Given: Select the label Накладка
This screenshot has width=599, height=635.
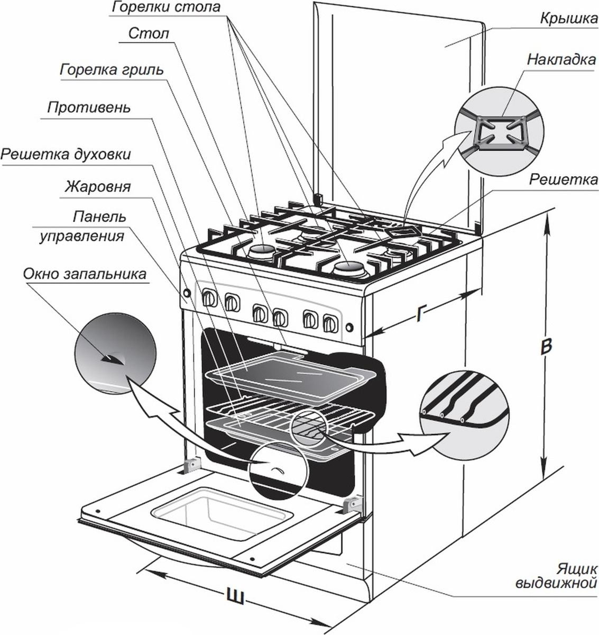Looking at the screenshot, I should (561, 59).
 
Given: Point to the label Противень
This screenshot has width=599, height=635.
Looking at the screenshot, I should (88, 108).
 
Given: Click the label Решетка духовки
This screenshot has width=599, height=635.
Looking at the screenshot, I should (66, 155).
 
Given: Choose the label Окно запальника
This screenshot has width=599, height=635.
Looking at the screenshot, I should (84, 274).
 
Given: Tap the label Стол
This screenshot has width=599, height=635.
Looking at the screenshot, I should (148, 34).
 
